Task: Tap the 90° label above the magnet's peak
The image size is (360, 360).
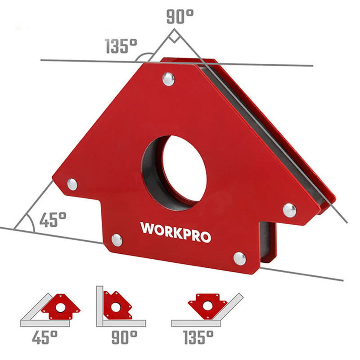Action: [x=180, y=17]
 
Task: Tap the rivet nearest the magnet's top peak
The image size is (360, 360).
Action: [x=169, y=80]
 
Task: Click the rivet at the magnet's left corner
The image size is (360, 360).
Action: [x=72, y=184]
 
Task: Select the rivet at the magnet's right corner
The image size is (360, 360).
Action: [x=289, y=210]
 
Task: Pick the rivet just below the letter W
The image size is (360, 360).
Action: [x=117, y=240]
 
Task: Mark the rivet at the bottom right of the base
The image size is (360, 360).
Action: [x=239, y=258]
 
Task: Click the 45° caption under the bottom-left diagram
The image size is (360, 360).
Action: [x=45, y=337]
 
